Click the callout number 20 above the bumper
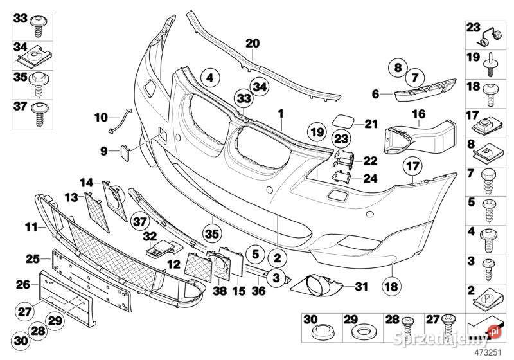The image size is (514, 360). (x=253, y=44)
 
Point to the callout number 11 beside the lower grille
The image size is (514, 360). (x=31, y=226)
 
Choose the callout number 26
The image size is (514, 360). (x=22, y=283)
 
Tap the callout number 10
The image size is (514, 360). (x=101, y=117)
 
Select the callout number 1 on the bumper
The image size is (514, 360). (x=281, y=113)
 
